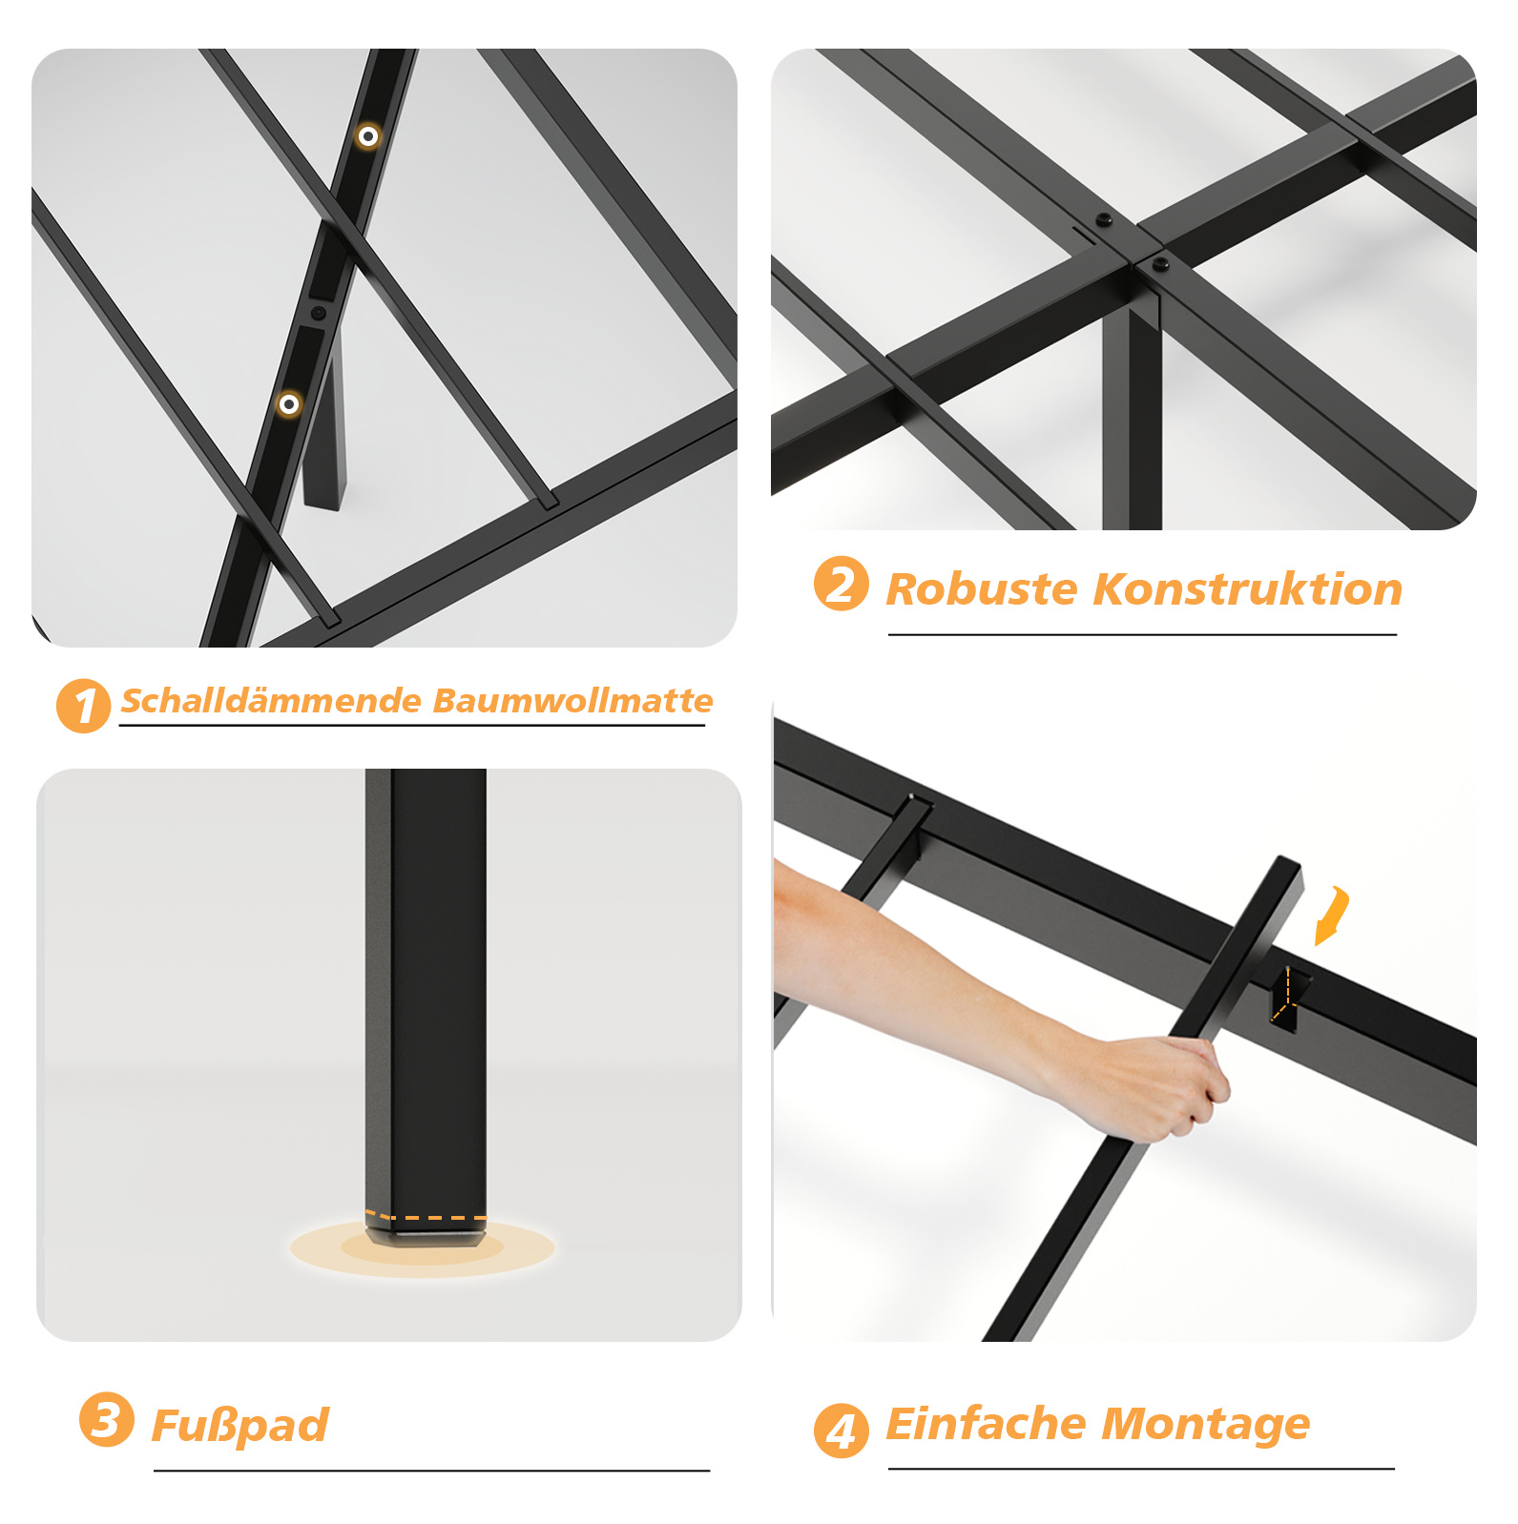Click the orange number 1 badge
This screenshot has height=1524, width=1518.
(84, 707)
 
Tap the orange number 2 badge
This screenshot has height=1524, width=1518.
(841, 584)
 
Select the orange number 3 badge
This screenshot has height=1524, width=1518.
(106, 1419)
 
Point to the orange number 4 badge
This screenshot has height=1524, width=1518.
(841, 1431)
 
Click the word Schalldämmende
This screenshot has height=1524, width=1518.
(270, 701)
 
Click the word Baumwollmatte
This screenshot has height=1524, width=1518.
(572, 701)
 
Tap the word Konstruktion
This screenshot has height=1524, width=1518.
(1248, 588)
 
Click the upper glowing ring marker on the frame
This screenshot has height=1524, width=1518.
(368, 136)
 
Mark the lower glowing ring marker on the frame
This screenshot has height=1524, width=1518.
(289, 404)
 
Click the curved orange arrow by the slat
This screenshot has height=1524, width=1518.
(1334, 916)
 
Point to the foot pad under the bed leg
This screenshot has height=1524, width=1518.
(424, 1238)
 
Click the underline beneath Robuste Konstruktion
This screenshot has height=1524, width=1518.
(1142, 634)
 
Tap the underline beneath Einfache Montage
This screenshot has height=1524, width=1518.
(1141, 1469)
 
